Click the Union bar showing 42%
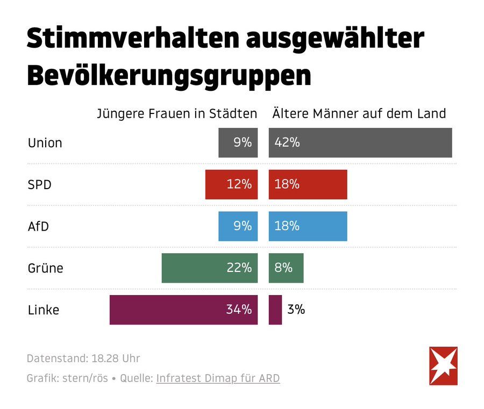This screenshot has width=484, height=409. coord(360,143)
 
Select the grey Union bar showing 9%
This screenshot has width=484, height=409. coord(238,143)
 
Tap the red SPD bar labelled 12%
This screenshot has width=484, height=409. coord(231,184)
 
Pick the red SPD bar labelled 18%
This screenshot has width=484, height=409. coord(308,184)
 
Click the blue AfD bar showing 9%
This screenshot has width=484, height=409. coord(238,226)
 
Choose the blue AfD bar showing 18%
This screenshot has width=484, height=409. coord(308,226)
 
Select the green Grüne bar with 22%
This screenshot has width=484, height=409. coord(210,268)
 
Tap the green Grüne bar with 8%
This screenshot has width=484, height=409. coord(286,268)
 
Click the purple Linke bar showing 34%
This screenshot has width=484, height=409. coord(183,310)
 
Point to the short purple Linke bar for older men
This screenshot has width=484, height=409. coord(275,310)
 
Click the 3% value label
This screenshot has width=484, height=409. coord(296,310)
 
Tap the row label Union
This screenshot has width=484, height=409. coord(45,143)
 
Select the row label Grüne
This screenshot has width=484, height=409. coord(45,268)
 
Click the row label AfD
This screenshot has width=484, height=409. coord(38,226)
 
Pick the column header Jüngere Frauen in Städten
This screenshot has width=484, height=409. coord(176,114)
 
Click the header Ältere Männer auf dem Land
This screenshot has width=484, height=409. coord(359,114)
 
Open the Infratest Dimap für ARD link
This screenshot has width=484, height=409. coord(218,378)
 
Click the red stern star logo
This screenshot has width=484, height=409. coord(443,366)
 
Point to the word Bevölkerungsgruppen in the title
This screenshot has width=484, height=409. coord(169,75)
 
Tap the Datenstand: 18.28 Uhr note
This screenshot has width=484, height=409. coord(83,358)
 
